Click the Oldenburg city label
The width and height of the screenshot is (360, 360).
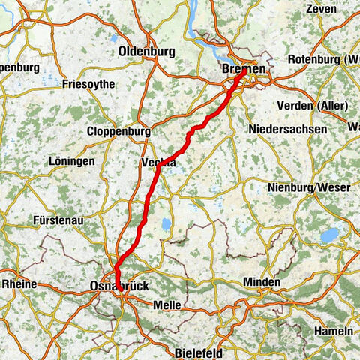[x=146, y=52]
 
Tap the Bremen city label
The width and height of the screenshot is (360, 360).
[x=244, y=69]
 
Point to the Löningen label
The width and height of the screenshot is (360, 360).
[x=70, y=161]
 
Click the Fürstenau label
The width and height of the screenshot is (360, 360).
[x=58, y=222]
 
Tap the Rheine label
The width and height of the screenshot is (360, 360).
[x=17, y=284]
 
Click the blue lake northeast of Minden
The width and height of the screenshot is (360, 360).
[x=329, y=235]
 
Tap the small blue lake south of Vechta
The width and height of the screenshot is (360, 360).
[x=164, y=224]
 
